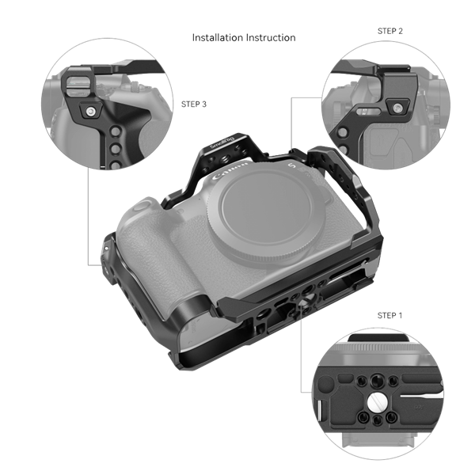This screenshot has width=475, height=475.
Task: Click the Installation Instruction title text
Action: pyautogui.click(x=244, y=37)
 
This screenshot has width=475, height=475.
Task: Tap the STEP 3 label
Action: pyautogui.click(x=193, y=103)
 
